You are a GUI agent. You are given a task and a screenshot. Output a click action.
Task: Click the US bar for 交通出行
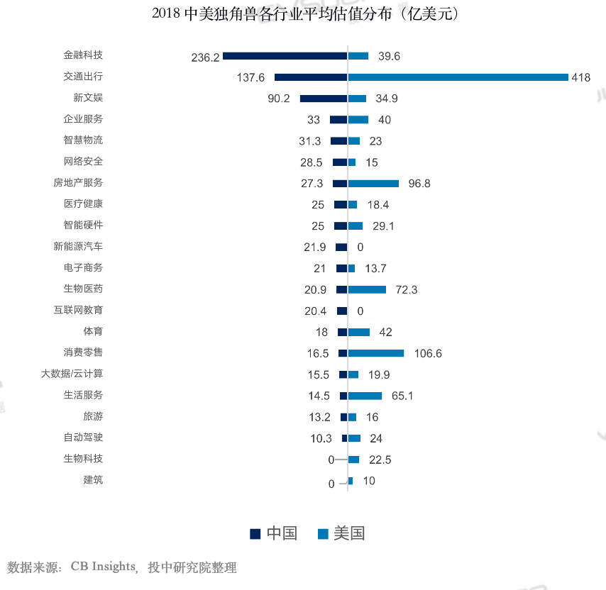(x=458, y=77)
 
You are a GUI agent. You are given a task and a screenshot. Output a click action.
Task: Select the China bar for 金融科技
(x=285, y=55)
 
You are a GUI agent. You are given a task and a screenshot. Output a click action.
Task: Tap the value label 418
(x=580, y=78)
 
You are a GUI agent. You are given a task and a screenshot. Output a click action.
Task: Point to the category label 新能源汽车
(x=78, y=246)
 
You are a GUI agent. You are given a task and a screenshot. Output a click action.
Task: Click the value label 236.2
(x=205, y=57)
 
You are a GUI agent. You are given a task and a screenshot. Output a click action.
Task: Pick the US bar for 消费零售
(x=376, y=353)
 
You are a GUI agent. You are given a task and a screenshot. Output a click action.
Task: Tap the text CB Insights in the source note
(x=102, y=567)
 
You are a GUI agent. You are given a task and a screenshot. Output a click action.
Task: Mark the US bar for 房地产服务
(x=373, y=183)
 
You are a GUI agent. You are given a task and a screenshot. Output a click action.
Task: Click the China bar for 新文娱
(x=324, y=98)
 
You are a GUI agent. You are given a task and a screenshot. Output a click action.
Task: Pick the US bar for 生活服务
(x=365, y=396)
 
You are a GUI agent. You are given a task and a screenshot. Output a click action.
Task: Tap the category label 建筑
(x=93, y=480)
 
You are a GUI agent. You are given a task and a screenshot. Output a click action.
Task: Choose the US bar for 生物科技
(x=353, y=460)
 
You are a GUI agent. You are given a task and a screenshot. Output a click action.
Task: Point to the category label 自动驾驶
(x=83, y=438)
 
